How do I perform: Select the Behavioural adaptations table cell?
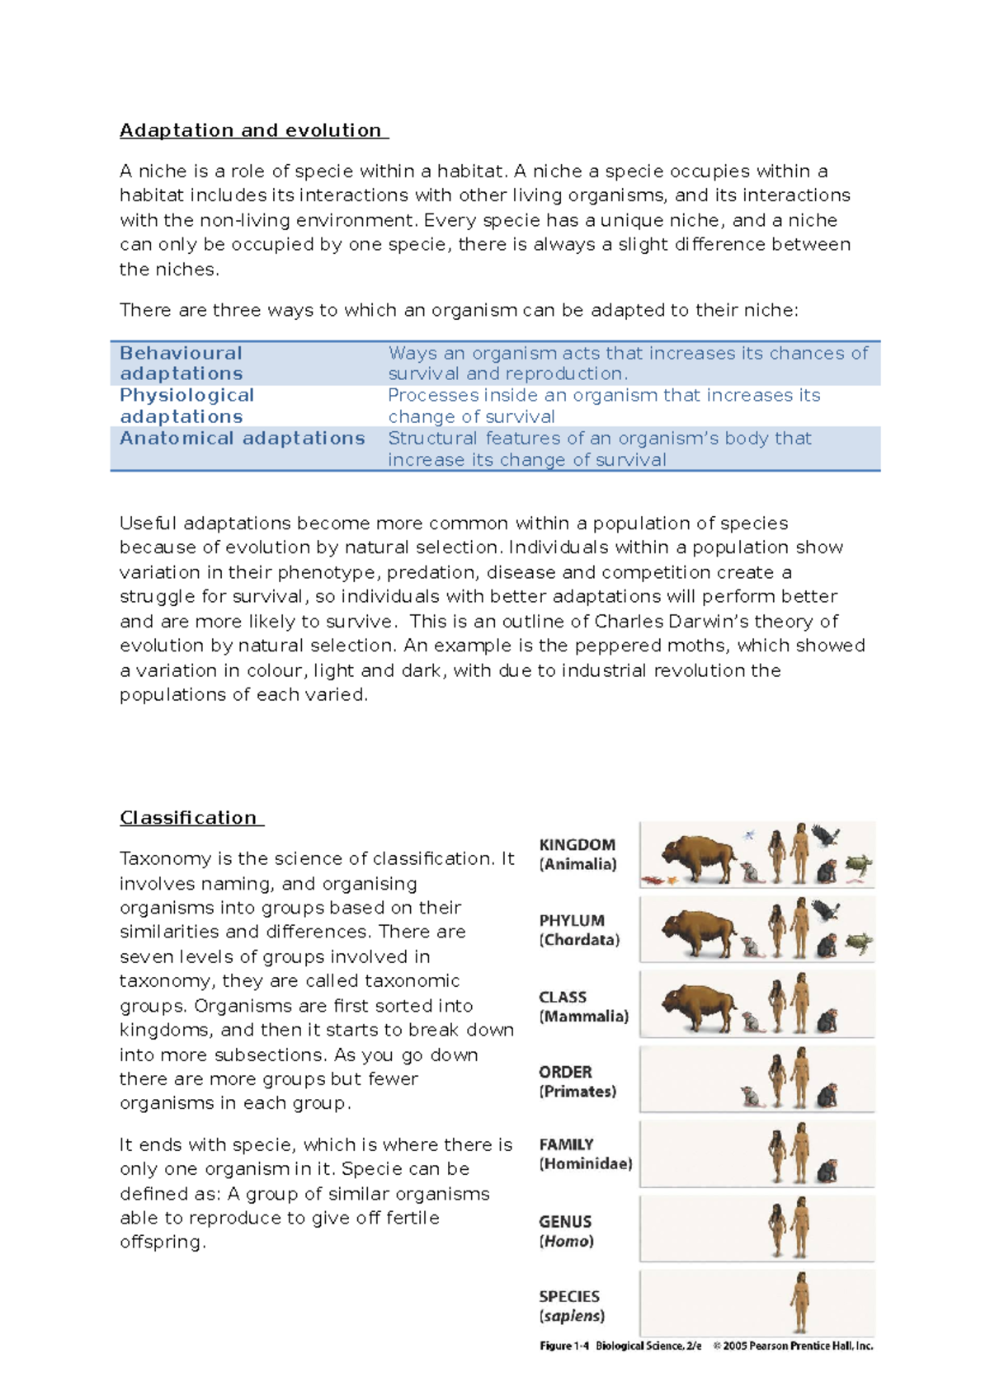[181, 364]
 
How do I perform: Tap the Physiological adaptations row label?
[187, 406]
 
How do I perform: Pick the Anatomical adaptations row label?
[243, 439]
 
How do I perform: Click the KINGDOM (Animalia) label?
[577, 855]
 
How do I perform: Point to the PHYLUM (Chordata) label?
[579, 930]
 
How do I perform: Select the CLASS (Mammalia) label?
[583, 1007]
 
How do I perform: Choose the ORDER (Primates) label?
[577, 1082]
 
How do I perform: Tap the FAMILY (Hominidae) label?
[585, 1154]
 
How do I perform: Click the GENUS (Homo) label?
[566, 1231]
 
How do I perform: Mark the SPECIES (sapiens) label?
[571, 1306]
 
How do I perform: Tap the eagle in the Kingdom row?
[825, 836]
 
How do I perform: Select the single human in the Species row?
[799, 1302]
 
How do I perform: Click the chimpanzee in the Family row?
[827, 1171]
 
